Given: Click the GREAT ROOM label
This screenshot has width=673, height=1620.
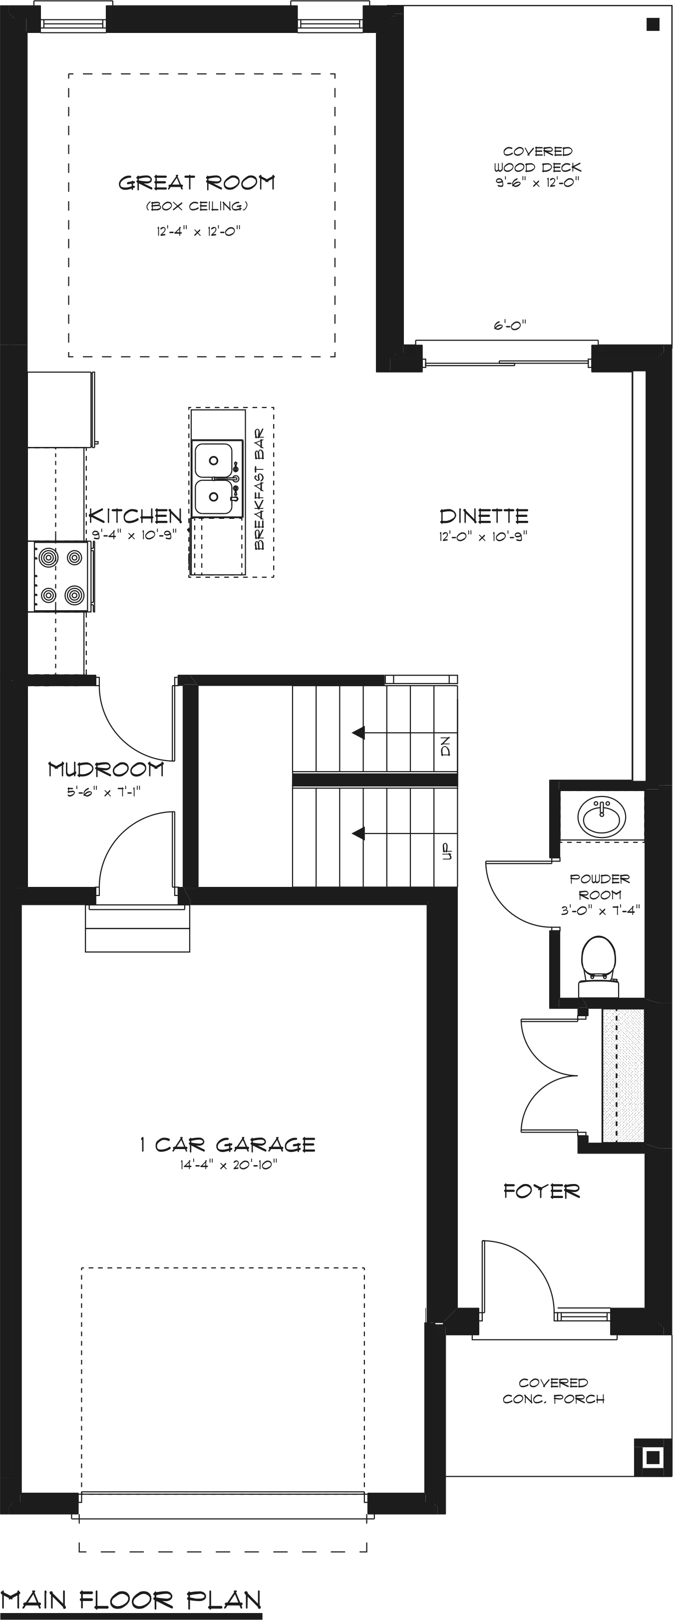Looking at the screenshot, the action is click(197, 182).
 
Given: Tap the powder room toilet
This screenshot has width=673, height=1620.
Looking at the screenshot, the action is click(598, 967).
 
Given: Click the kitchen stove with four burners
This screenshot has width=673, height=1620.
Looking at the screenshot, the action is click(61, 576).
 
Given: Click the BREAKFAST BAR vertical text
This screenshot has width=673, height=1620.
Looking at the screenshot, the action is click(259, 489).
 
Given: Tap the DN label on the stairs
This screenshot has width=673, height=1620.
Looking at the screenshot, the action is click(446, 747).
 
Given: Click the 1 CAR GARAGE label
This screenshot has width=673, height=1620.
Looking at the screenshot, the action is click(227, 1145).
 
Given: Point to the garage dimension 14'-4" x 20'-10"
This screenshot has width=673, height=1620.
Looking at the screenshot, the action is click(228, 1165).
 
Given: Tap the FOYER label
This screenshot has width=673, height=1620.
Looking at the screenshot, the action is click(542, 1191).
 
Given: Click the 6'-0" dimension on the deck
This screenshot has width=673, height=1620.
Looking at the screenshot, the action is click(509, 325).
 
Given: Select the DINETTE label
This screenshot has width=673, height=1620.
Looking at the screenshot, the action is click(484, 516).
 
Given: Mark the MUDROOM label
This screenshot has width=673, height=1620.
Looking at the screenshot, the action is click(106, 769).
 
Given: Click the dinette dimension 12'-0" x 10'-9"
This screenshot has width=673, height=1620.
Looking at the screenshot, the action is click(483, 536).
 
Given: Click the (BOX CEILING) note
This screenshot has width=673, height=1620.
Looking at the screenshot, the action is click(197, 206).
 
